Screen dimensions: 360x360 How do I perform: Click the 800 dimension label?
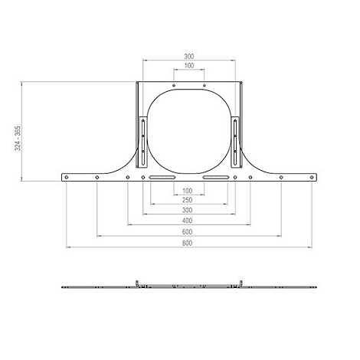coord(188,243)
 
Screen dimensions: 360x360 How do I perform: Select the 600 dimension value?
coord(188,231)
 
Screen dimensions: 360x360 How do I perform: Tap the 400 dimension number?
coord(188,221)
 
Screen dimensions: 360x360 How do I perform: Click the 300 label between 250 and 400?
coord(188,210)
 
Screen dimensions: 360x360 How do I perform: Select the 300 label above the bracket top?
coord(188,56)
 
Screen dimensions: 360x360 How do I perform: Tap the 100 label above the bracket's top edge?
coord(188,66)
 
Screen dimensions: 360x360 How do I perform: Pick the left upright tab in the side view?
coord(136,283)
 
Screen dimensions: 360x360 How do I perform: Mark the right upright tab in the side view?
coord(239,283)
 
